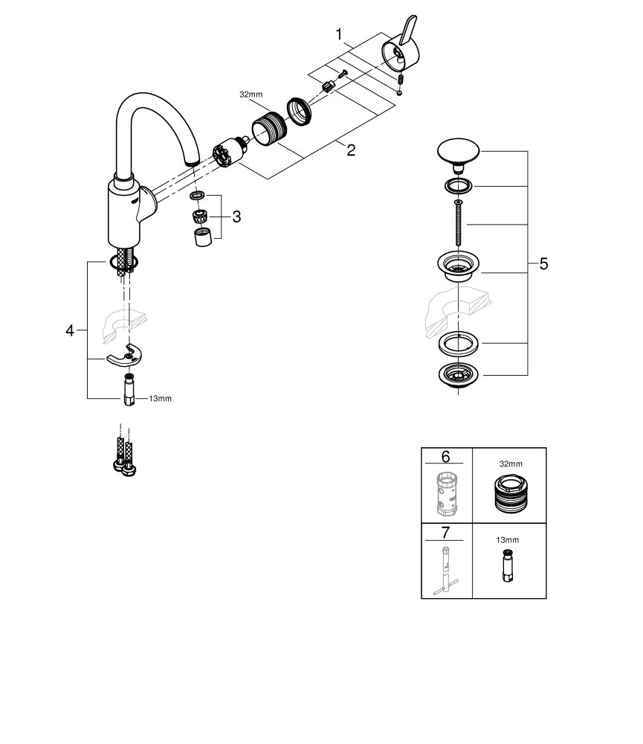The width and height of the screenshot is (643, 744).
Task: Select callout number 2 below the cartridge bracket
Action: tap(351, 150)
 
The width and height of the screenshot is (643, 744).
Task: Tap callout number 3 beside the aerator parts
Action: tap(236, 217)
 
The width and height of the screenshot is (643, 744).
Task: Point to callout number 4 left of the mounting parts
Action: tap(71, 330)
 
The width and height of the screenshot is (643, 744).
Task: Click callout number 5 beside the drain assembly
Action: tap(543, 263)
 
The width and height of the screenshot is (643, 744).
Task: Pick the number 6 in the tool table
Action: tap(446, 456)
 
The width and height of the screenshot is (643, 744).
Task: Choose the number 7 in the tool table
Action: tap(446, 532)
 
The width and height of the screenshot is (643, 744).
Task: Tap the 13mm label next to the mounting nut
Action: tap(160, 399)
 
